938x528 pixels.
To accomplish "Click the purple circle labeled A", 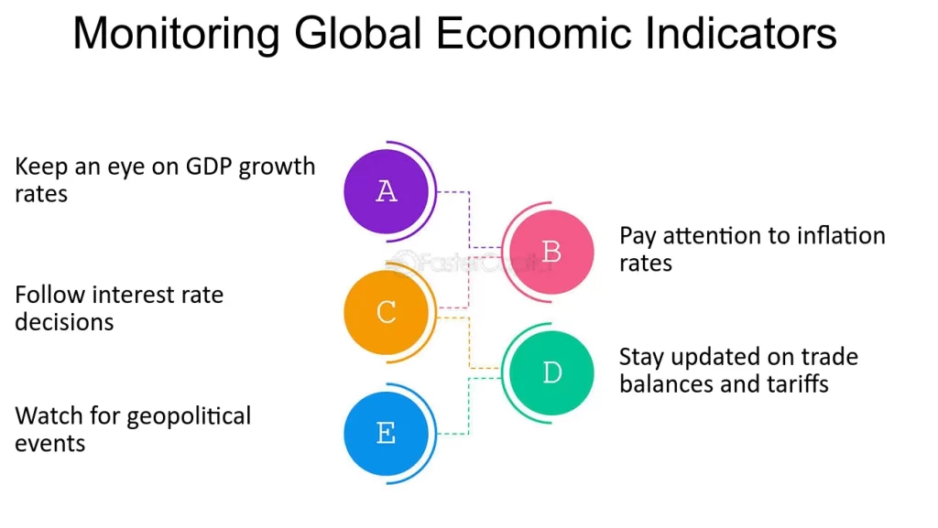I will pyautogui.click(x=387, y=191).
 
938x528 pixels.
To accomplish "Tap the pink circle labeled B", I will pyautogui.click(x=551, y=252).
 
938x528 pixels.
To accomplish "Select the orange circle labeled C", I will pyautogui.click(x=387, y=313).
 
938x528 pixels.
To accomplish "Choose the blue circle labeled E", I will pyautogui.click(x=387, y=434).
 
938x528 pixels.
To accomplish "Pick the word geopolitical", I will pyautogui.click(x=189, y=416).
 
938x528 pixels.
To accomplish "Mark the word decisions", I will pyautogui.click(x=64, y=322).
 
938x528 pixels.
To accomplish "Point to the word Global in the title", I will pyautogui.click(x=357, y=35).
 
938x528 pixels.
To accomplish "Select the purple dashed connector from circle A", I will pyautogui.click(x=470, y=220).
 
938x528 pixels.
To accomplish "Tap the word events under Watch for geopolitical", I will pyautogui.click(x=49, y=444).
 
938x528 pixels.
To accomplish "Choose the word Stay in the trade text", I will pyautogui.click(x=641, y=357).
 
